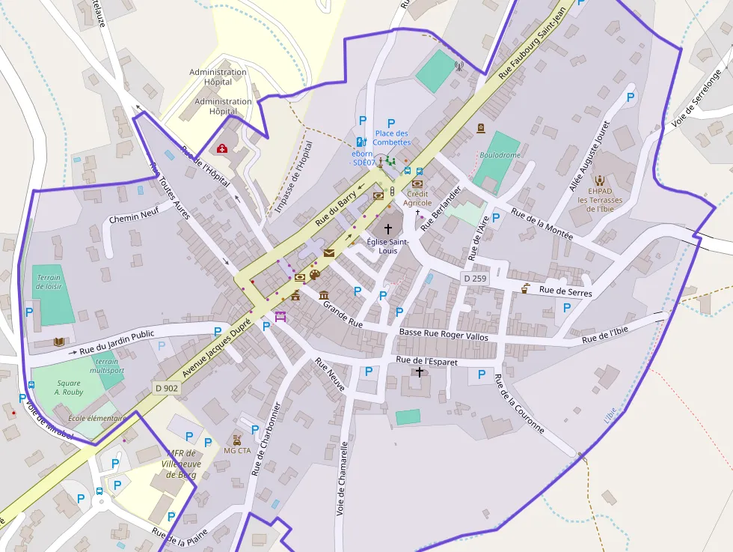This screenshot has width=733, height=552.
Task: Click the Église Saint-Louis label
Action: pos(387,246)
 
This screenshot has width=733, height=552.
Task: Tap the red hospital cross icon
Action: pos(222,148)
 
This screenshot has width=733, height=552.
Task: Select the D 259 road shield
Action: pos(474,278)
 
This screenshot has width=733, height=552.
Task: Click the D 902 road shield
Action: pos(167,388)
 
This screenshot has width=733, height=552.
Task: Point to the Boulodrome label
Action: pos(500,155)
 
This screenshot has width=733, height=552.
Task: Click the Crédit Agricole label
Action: pos(417,198)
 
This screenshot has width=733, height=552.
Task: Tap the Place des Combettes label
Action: pos(393,138)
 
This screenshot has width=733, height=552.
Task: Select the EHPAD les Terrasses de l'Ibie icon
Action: pos(599,180)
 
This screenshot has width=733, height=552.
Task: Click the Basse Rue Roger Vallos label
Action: pos(444,334)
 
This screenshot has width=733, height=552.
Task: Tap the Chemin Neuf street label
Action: pos(134,218)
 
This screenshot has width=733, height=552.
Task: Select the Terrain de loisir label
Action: pos(49,282)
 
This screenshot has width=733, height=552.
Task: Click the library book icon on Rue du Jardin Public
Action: pos(59,342)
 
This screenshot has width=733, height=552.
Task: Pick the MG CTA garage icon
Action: pos(237,440)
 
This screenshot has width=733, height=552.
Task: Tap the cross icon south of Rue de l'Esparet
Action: pos(420,372)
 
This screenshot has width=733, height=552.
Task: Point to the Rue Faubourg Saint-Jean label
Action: pos(535,41)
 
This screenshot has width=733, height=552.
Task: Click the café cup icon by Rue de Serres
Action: pos(526,288)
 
